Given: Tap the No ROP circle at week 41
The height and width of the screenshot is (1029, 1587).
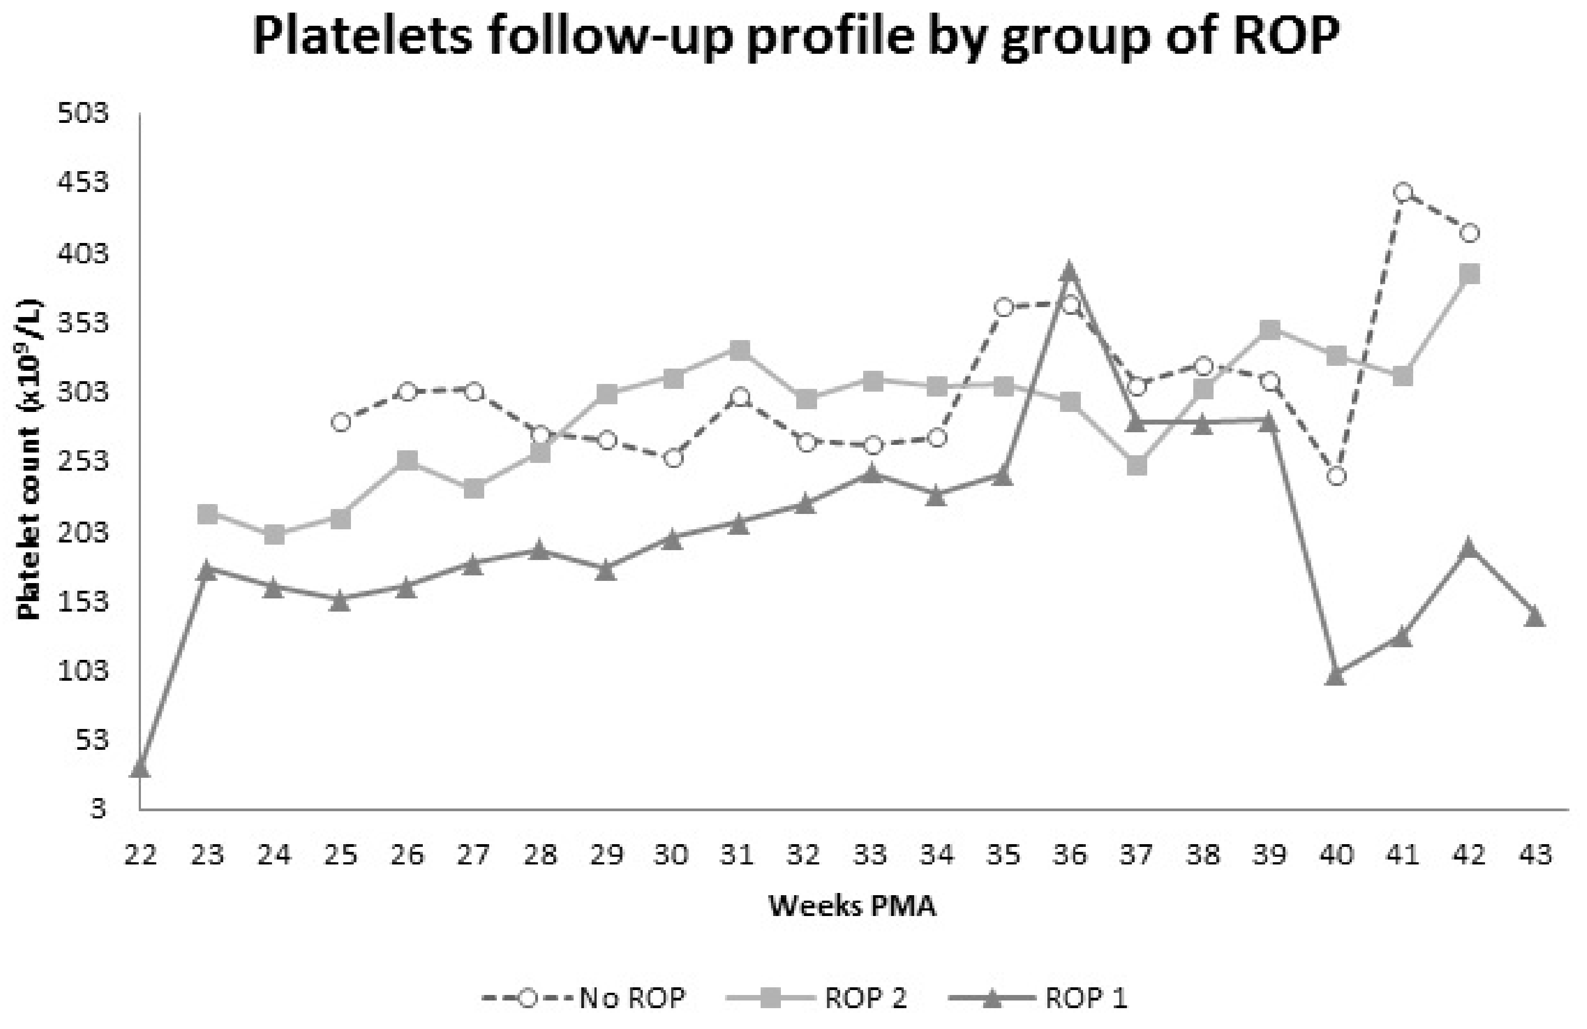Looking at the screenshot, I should pyautogui.click(x=1402, y=193).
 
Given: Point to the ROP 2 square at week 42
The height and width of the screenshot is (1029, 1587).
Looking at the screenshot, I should pyautogui.click(x=1469, y=273).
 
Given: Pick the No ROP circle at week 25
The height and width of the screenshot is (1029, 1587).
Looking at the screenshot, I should pyautogui.click(x=340, y=422).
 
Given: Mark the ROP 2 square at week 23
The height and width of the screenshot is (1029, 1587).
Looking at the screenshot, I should pyautogui.click(x=207, y=513).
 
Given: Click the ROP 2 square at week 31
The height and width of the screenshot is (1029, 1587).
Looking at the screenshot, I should pyautogui.click(x=739, y=349).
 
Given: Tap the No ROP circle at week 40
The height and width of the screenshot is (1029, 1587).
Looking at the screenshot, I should pyautogui.click(x=1336, y=476).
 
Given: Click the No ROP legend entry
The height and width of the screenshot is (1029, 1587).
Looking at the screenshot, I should pyautogui.click(x=583, y=998).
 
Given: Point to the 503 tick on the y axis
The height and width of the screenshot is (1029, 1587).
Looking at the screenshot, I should pyautogui.click(x=83, y=114).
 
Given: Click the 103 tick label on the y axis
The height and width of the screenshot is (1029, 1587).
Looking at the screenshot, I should pyautogui.click(x=83, y=671).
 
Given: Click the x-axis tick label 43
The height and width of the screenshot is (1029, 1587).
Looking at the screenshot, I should pyautogui.click(x=1535, y=854).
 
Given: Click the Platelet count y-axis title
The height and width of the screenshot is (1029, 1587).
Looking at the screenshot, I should pyautogui.click(x=31, y=460).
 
